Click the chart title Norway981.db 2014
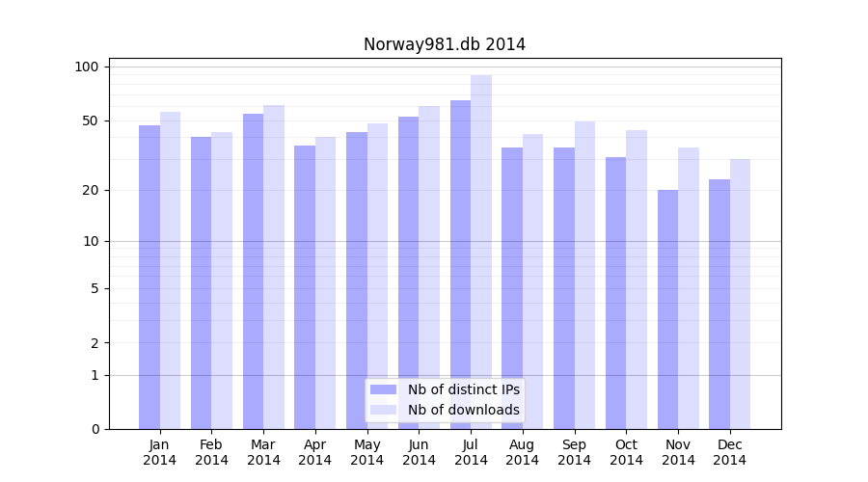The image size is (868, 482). [x=444, y=44]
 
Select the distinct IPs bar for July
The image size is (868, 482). [x=460, y=264]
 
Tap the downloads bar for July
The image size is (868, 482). [x=481, y=252]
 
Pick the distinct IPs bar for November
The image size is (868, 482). [x=667, y=308]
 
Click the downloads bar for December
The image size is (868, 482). [x=740, y=294]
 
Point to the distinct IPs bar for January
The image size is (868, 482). [x=149, y=277]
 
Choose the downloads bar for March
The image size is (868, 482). [x=274, y=267]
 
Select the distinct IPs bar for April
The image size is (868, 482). [x=305, y=287]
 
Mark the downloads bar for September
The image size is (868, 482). [x=584, y=275]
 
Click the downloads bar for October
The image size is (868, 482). [x=637, y=280]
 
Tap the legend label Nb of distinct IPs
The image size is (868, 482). [x=463, y=389]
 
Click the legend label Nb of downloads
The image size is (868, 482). [x=463, y=410]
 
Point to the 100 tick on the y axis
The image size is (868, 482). [x=87, y=67]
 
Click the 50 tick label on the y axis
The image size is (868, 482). [x=90, y=120]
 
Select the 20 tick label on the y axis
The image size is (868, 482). [x=90, y=190]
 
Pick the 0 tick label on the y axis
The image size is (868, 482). [x=95, y=429]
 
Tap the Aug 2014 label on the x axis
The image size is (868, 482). [x=523, y=452]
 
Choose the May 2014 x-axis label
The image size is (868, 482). [x=367, y=452]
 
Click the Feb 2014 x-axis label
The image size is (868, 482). [x=212, y=452]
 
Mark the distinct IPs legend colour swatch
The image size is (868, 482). [x=383, y=389]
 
